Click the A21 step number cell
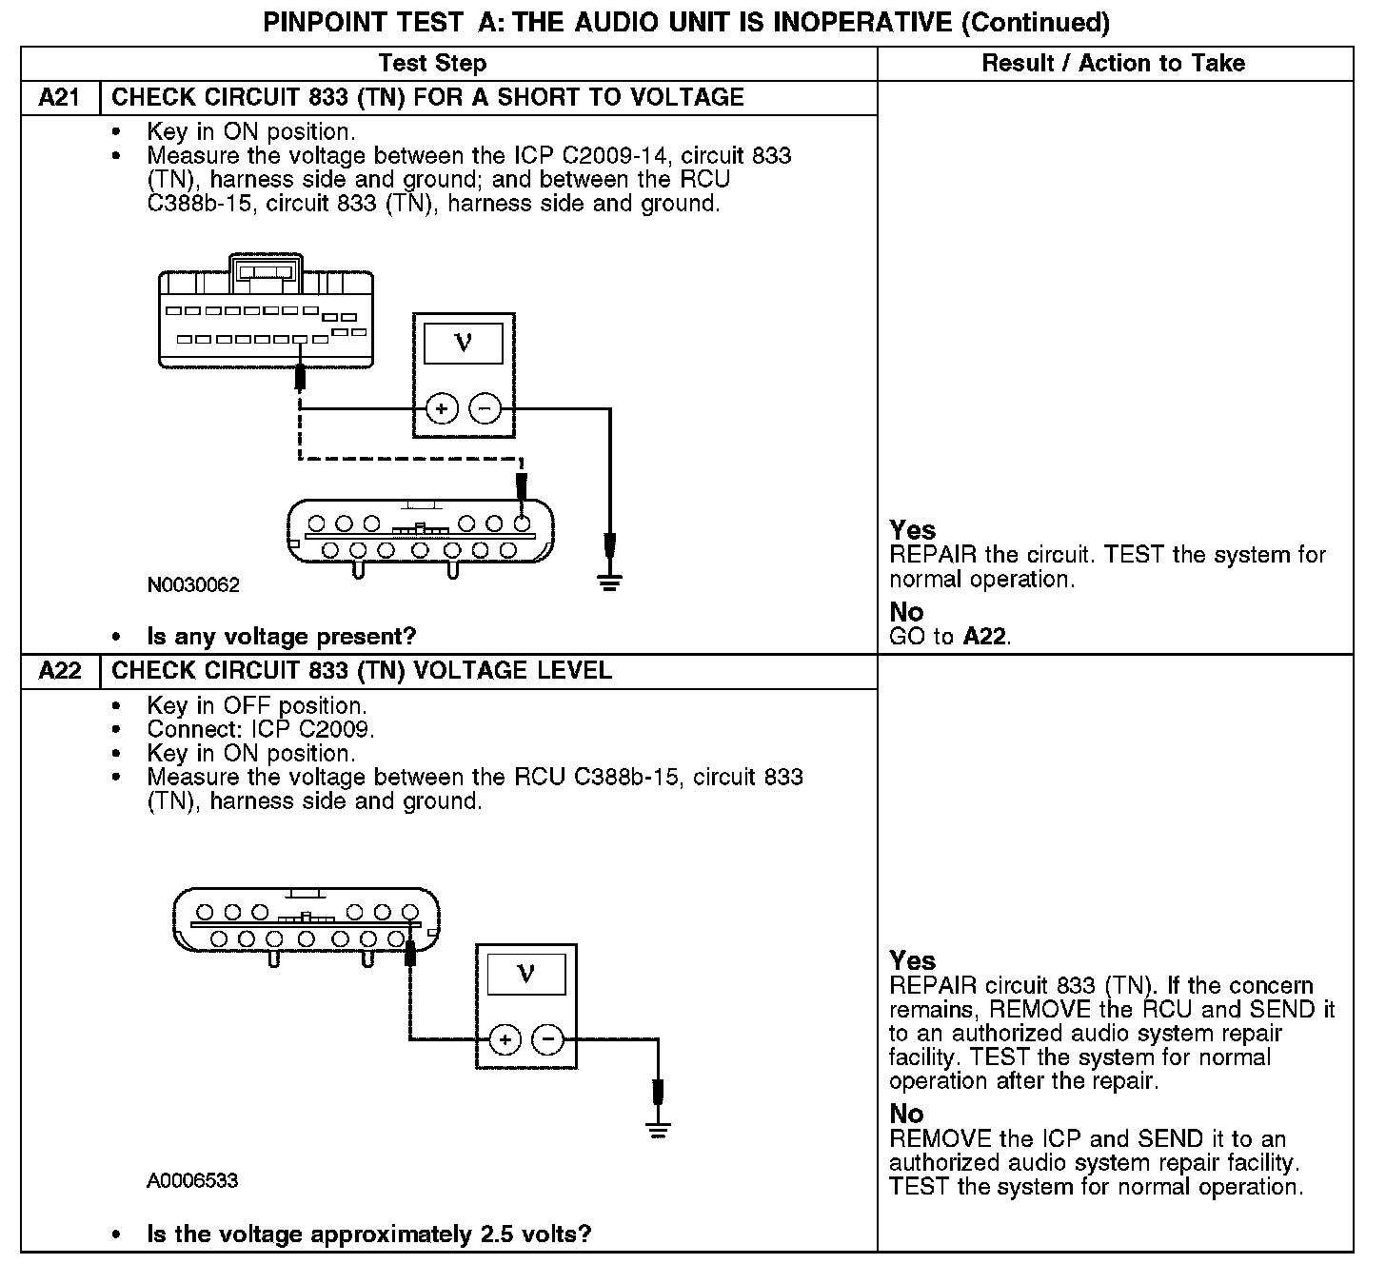tap(59, 98)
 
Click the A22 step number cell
tap(59, 671)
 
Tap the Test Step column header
tap(432, 64)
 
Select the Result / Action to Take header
tap(1113, 64)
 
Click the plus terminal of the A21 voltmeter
tap(442, 409)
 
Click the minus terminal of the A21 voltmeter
tap(485, 409)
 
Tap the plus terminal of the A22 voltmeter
tap(505, 1039)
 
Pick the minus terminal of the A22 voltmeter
tap(547, 1039)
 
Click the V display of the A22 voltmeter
tap(525, 973)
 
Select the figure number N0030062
tap(193, 585)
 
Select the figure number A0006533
tap(192, 1181)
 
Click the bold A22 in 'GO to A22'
tap(985, 637)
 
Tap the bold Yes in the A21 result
tap(912, 530)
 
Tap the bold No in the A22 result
tap(906, 1114)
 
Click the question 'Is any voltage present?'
tap(282, 637)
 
